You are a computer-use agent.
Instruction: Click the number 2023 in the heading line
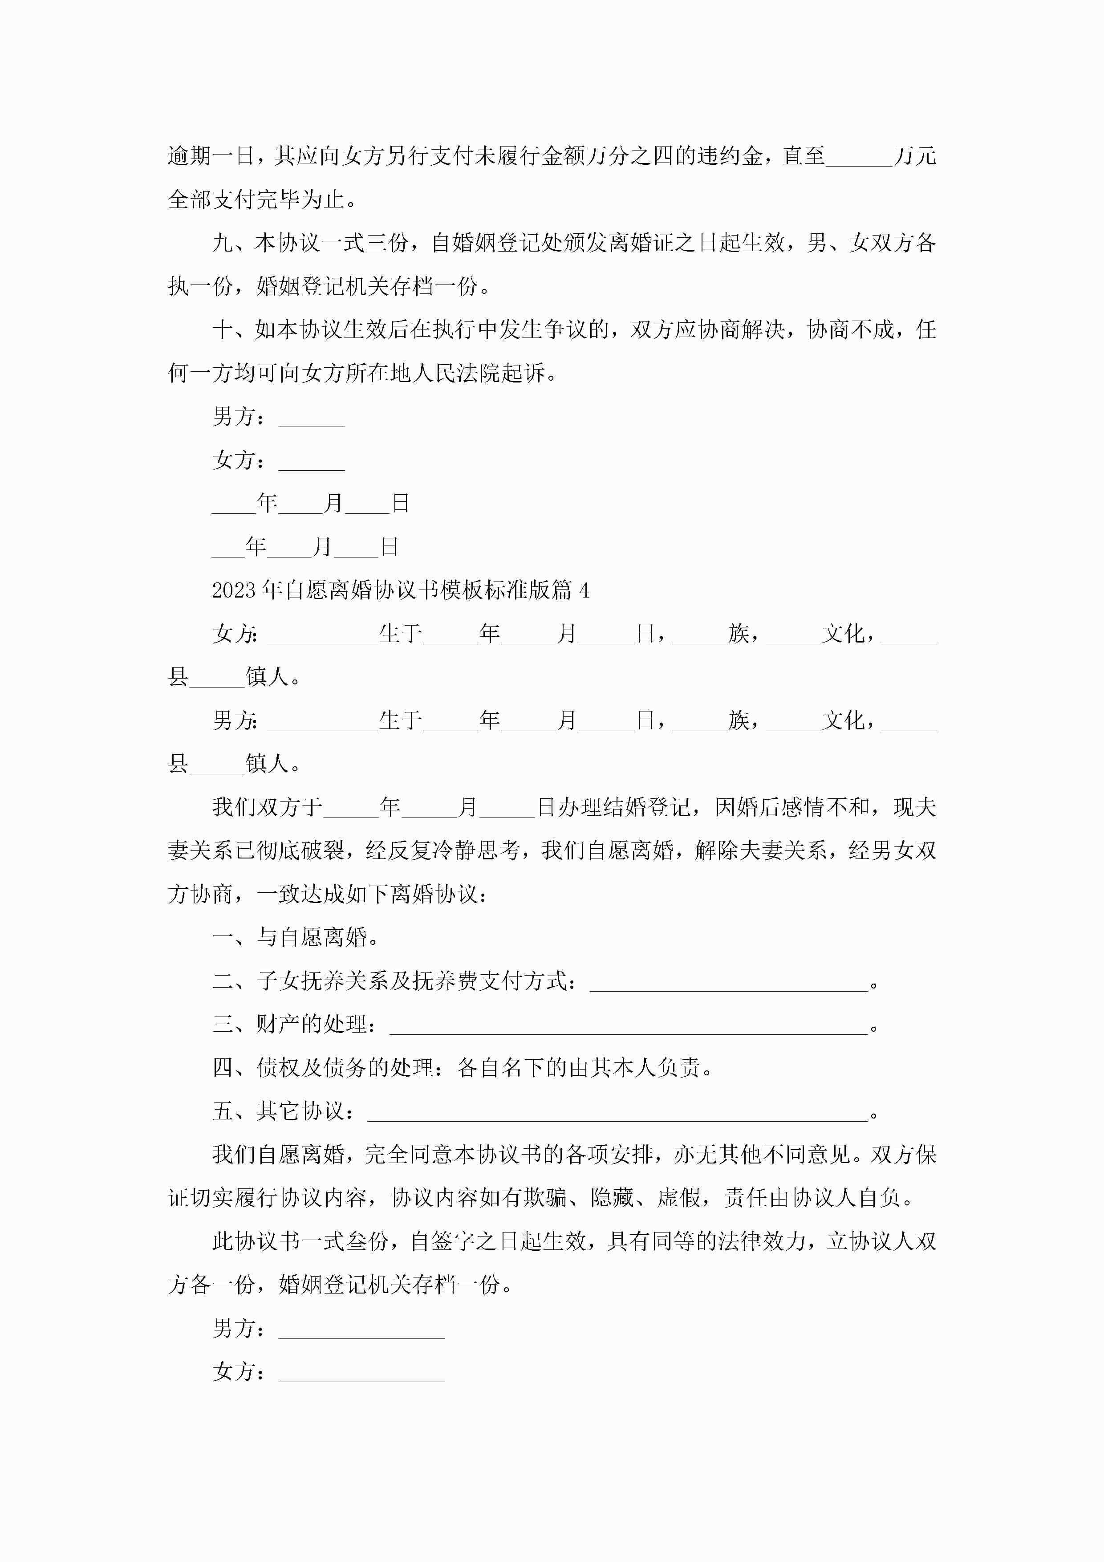coord(235,590)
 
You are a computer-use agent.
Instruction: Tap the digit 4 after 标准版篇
coord(584,590)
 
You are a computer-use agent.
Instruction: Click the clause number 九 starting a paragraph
coord(223,243)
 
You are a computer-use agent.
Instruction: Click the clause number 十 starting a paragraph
coord(223,330)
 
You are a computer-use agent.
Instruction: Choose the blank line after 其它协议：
coord(617,1112)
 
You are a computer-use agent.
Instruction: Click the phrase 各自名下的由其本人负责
coord(578,1068)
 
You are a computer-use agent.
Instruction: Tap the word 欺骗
coord(545,1198)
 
